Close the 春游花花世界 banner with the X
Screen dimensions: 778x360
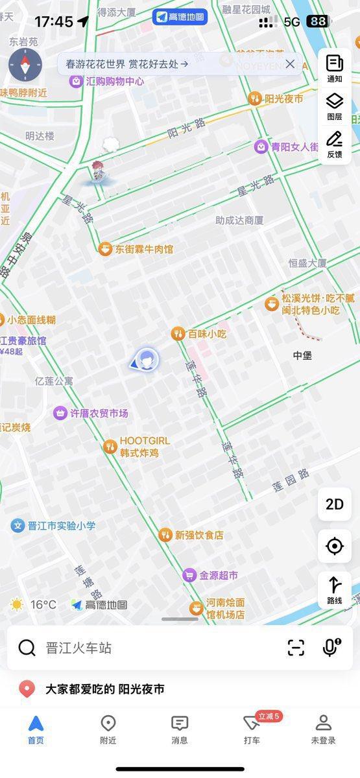coord(290,64)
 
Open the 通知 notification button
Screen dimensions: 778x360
coord(335,68)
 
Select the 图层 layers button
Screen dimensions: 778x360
coord(335,106)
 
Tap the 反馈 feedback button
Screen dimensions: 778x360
coord(335,144)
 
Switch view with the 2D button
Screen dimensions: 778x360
coord(335,504)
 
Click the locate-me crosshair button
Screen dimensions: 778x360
coord(335,547)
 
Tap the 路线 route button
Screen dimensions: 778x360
coord(335,590)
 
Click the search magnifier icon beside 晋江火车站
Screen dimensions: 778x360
coord(27,648)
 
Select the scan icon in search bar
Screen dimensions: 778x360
coord(296,648)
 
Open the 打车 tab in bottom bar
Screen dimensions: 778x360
coord(252,729)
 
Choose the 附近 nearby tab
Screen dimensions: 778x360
coord(108,729)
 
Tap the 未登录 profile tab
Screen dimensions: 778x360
coord(323,729)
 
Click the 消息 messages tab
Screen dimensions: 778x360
coord(180,729)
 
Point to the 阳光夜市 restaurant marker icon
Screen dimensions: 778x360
coord(255,99)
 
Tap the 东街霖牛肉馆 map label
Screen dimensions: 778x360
coord(144,249)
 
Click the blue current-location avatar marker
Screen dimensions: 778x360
coord(147,359)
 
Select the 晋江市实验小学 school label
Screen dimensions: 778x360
coord(61,526)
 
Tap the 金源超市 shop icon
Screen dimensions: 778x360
coord(189,575)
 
